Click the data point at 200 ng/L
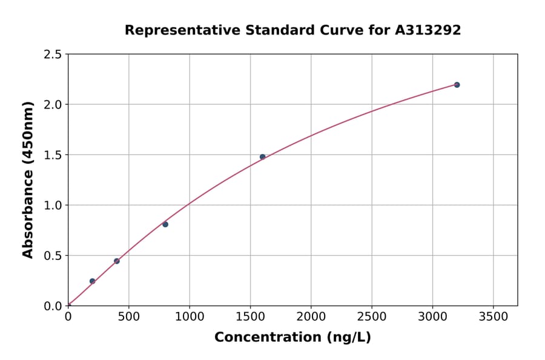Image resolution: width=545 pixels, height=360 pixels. tap(92, 281)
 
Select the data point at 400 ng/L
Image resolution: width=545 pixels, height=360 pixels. tap(117, 261)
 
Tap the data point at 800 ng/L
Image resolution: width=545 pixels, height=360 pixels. tap(165, 224)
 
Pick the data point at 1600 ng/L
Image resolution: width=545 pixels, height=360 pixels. tap(262, 157)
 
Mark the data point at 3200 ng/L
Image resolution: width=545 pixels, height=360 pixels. tap(457, 85)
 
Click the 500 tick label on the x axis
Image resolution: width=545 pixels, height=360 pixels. tap(128, 316)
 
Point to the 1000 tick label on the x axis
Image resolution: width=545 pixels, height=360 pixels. tap(190, 316)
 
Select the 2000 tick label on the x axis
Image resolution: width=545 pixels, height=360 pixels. tap(311, 316)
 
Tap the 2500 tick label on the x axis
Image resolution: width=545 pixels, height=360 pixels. tap(372, 316)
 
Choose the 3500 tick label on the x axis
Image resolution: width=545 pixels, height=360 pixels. tap(493, 316)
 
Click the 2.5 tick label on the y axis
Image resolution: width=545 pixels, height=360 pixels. tap(53, 55)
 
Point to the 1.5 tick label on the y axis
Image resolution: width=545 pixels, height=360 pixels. tap(53, 155)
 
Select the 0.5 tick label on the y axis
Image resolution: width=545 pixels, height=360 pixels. tap(53, 256)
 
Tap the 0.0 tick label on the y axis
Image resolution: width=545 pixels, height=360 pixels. tap(53, 306)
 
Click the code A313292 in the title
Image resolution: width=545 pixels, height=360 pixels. tap(428, 30)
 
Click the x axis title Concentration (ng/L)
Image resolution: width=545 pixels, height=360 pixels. tap(292, 338)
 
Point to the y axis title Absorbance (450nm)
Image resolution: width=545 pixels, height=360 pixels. tap(28, 179)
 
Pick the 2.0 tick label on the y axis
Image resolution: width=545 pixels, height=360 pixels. tap(53, 105)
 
